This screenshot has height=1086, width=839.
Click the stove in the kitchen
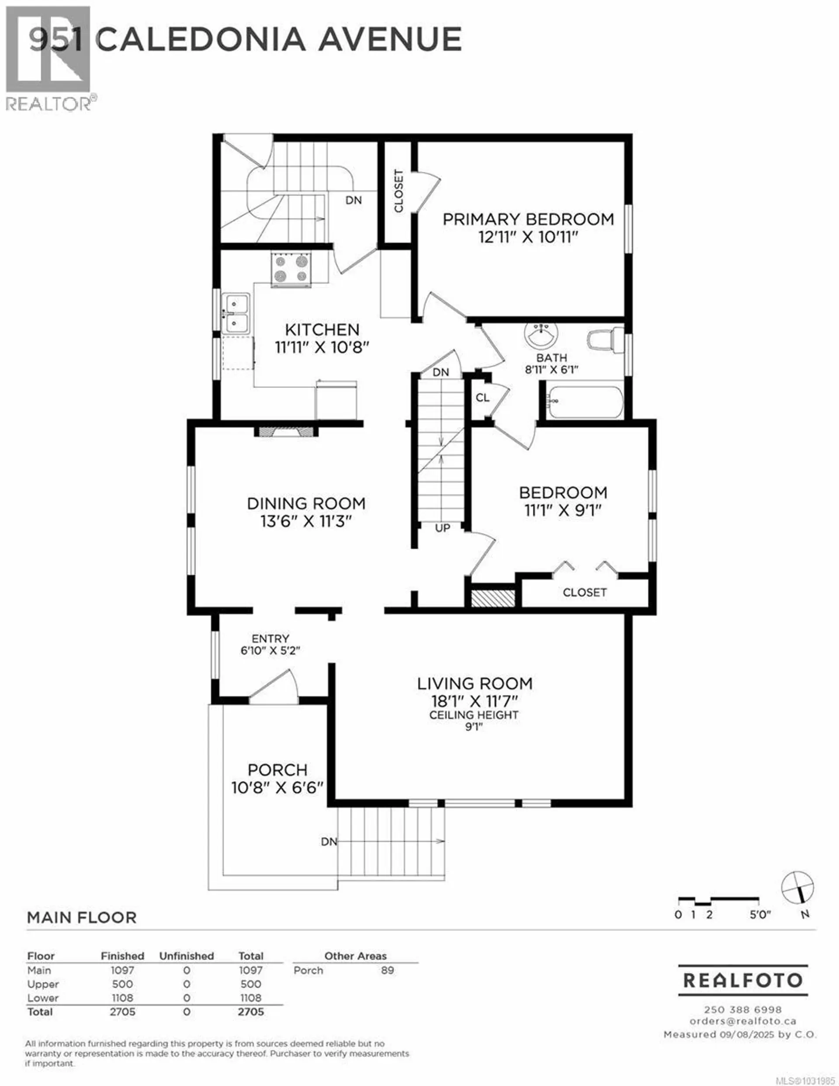coord(291,269)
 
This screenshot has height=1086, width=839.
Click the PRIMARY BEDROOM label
coord(528,219)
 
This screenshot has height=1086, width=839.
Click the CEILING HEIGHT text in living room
coord(474,715)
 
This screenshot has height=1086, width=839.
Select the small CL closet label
coord(482,398)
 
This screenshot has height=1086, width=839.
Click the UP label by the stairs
coord(442,528)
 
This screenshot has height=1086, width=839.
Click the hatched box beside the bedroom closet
coord(492,598)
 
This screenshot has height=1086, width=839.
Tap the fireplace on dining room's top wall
coord(286,431)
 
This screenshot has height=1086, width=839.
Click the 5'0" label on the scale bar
coord(760,914)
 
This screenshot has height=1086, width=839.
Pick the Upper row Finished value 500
coord(122,984)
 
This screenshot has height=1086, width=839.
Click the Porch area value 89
coord(388,970)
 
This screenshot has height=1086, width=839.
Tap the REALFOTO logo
coord(742,981)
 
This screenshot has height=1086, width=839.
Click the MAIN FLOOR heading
coord(82,917)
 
